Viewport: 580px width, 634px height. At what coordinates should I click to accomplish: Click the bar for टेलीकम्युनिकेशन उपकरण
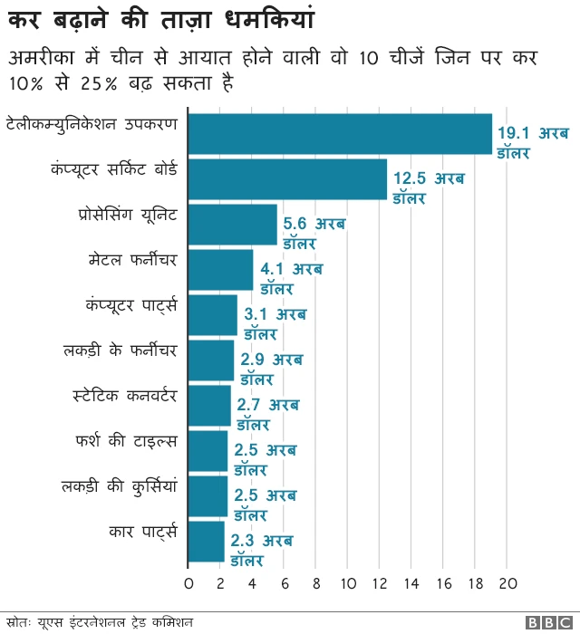point(340,135)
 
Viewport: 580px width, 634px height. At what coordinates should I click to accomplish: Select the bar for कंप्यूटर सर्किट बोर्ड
point(287,179)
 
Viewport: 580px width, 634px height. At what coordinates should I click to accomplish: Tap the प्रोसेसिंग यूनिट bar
point(233,225)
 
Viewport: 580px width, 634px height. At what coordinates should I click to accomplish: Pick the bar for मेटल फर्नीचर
point(221,270)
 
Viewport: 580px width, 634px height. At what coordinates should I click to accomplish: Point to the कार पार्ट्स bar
point(207,541)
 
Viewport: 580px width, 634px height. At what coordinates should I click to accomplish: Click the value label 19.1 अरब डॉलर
point(532,143)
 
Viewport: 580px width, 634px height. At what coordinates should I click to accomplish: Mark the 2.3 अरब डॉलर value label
point(261,551)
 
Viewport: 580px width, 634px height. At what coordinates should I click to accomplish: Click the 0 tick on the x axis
point(188,582)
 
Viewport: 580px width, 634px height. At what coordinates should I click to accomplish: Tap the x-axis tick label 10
point(348,582)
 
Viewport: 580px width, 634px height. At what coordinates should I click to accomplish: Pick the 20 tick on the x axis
point(507,582)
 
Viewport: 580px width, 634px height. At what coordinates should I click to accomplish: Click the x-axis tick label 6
point(285,582)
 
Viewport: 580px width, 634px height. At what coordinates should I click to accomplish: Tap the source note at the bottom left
point(99,622)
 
